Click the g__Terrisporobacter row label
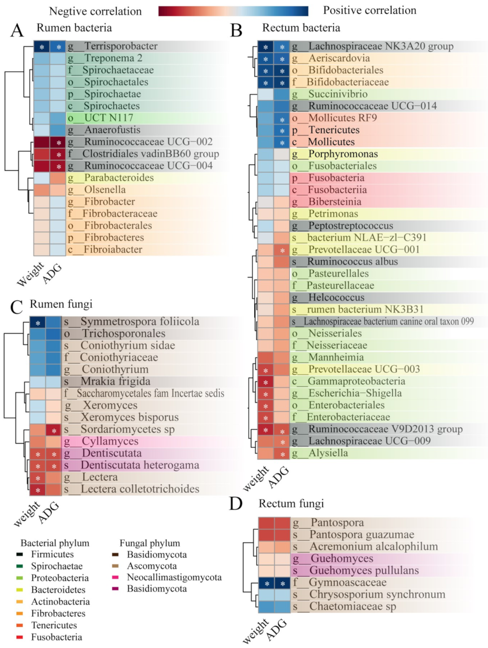(113, 46)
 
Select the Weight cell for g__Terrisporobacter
(41, 47)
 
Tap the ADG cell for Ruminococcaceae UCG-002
(58, 142)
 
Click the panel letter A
(17, 30)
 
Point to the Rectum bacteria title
(301, 28)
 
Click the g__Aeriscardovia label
(331, 58)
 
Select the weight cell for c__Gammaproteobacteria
(266, 382)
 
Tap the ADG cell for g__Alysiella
(282, 454)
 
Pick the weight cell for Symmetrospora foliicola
(37, 323)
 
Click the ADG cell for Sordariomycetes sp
(54, 430)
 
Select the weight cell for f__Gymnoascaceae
(266, 583)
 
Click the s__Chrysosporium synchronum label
(369, 595)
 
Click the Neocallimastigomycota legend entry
(174, 577)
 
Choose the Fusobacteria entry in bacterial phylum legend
(56, 637)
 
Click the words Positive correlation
(369, 11)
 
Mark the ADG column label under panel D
(277, 631)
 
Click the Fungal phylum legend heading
(149, 543)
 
